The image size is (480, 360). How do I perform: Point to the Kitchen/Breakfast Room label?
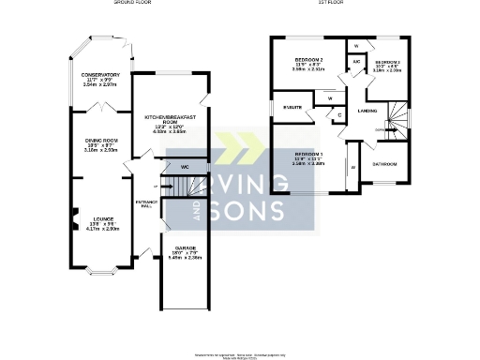pyautogui.click(x=170, y=119)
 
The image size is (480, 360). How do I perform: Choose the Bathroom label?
pyautogui.click(x=383, y=164)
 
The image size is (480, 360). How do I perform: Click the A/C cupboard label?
pyautogui.click(x=357, y=62)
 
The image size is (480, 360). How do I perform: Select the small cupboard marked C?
pyautogui.click(x=338, y=112)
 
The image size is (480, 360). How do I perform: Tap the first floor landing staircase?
pyautogui.click(x=398, y=117)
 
